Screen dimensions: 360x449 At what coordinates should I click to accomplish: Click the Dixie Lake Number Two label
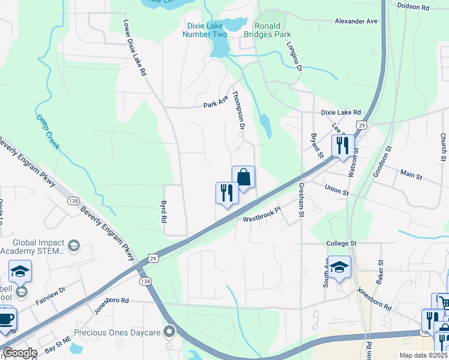tap(205, 30)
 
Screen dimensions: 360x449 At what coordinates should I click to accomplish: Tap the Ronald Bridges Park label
tap(273, 30)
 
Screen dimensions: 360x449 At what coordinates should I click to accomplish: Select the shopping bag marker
tap(243, 177)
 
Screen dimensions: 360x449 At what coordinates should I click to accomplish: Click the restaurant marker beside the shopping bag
tap(227, 193)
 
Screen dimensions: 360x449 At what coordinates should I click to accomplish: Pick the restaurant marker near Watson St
tap(343, 146)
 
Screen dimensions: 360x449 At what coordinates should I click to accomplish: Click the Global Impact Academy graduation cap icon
tap(73, 245)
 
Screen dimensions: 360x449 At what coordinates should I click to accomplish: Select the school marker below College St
tap(339, 268)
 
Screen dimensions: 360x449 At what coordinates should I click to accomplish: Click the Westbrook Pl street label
tap(262, 215)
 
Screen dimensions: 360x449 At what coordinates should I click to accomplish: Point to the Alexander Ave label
tap(356, 21)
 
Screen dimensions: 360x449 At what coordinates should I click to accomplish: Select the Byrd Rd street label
tap(163, 212)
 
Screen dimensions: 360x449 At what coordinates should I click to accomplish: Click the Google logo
tap(20, 353)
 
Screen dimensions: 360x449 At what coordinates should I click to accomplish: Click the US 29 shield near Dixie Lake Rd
tap(360, 124)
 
